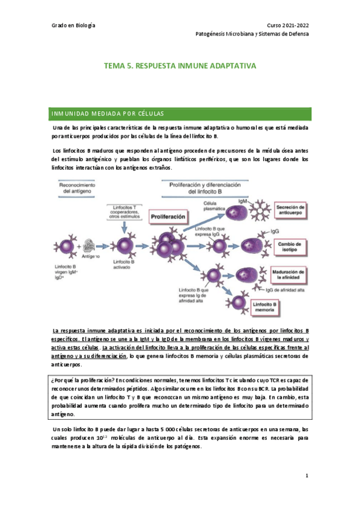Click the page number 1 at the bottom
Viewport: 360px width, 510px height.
pyautogui.click(x=307, y=476)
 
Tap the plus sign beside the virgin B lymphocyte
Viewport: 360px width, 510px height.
pyautogui.click(x=79, y=247)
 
